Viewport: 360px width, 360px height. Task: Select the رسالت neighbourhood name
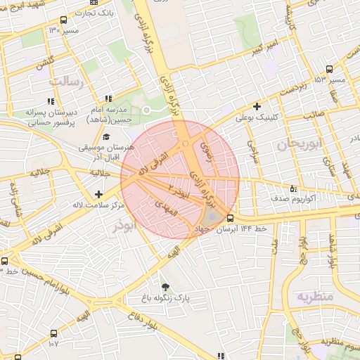click(66, 82)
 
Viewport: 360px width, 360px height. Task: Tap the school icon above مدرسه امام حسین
click(108, 99)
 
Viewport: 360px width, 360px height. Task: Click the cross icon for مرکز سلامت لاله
click(98, 193)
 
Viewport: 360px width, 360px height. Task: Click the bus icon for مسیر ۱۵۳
click(330, 68)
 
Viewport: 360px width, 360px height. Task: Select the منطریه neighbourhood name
click(312, 296)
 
